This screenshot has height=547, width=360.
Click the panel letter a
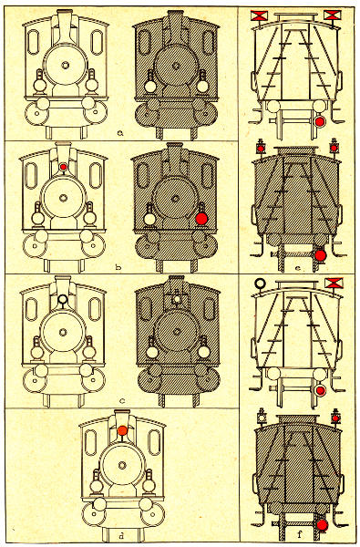120,132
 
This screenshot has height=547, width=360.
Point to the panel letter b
118,267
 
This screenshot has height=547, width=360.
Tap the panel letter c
122,401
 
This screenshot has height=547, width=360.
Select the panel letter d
121,535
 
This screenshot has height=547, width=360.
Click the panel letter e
297,268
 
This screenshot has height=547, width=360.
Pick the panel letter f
299,534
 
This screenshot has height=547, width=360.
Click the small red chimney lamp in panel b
63,167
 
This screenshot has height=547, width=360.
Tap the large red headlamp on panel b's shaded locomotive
201,219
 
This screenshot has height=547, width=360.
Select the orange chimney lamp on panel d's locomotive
122,430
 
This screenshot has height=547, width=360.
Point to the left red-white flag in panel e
259,15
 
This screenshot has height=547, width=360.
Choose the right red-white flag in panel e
332,15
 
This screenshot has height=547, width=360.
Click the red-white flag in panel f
334,283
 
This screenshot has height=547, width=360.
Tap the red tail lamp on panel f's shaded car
322,525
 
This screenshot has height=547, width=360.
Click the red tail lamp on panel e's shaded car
320,255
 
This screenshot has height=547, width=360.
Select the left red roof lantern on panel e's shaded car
261,149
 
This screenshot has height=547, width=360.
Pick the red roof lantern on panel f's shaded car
335,418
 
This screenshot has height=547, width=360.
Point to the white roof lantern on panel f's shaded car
261,418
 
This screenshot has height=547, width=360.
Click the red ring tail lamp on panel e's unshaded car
320,121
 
